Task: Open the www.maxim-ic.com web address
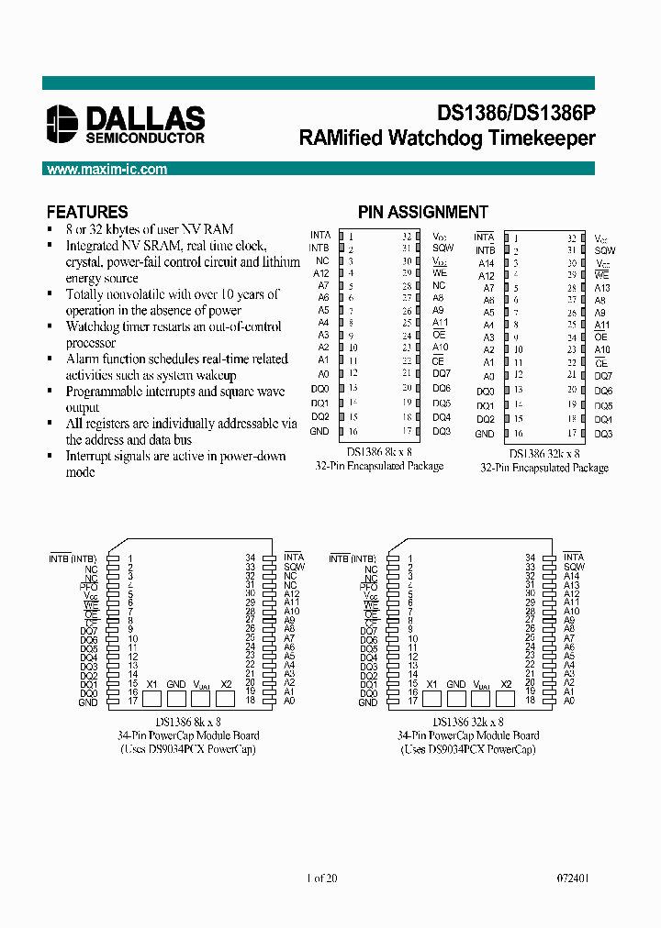pos(106,170)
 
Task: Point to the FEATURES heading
pos(87,212)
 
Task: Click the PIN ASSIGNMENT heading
pos(423,212)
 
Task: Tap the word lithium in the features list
pos(282,262)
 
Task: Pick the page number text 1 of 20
pos(321,878)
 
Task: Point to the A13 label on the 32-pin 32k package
pos(602,288)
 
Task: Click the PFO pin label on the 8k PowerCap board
pos(88,585)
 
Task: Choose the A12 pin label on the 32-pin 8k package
pos(320,273)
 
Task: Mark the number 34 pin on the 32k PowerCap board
pos(530,558)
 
